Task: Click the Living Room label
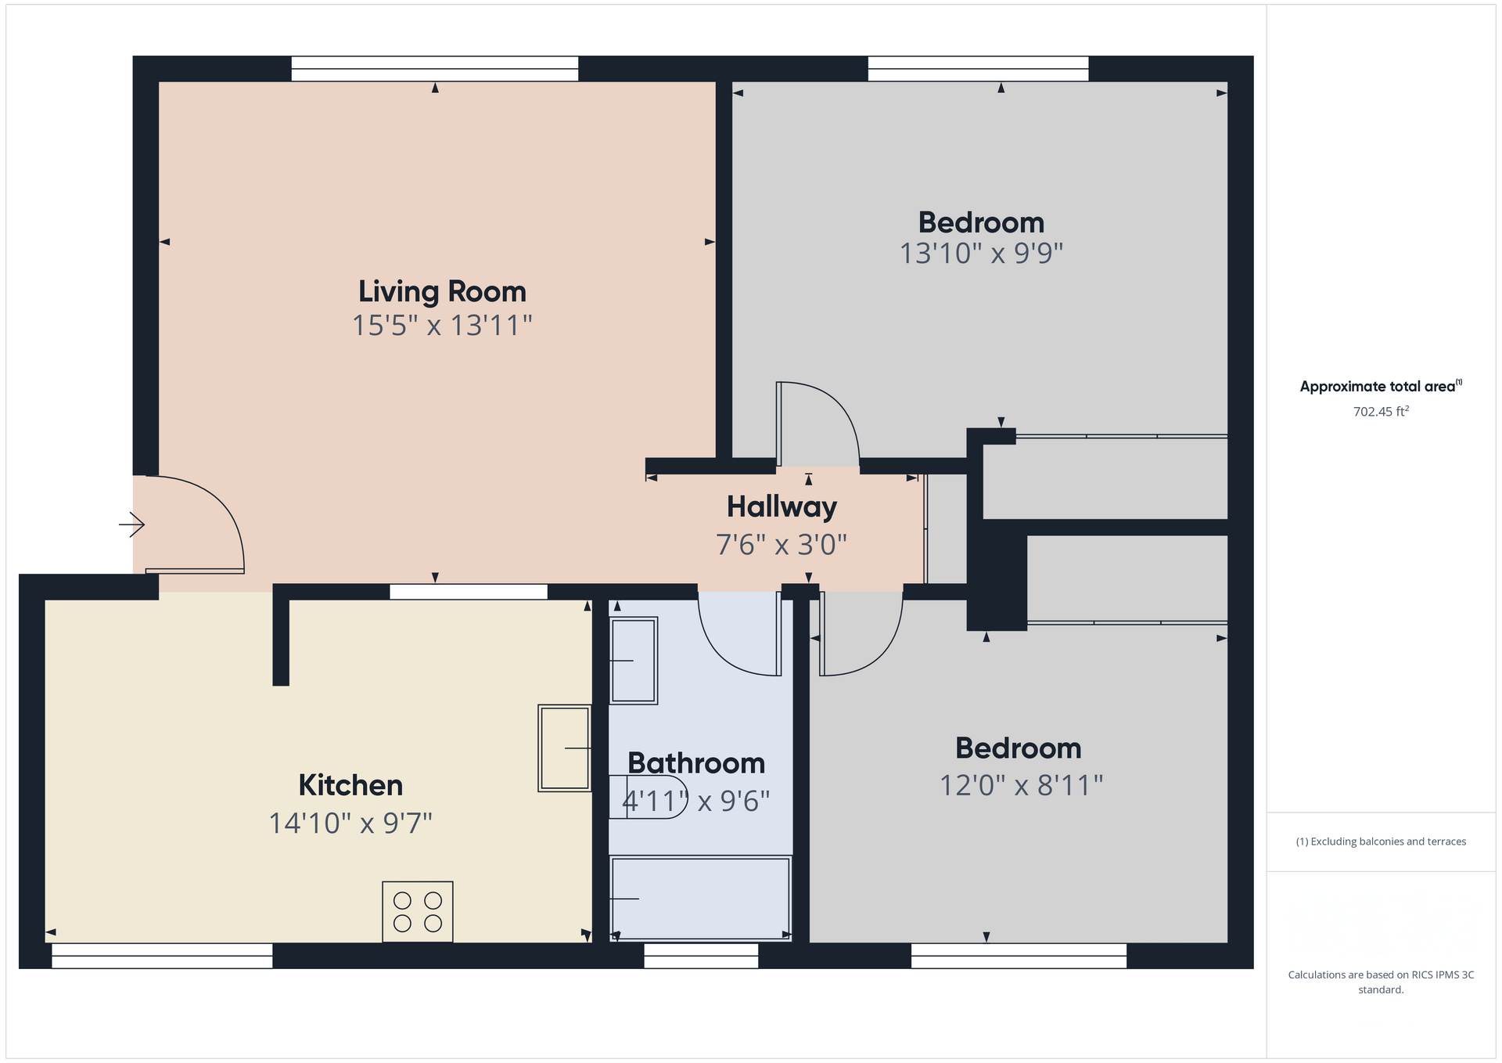click(442, 292)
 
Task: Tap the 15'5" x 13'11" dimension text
click(442, 325)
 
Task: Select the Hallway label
click(782, 507)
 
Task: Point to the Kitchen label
click(350, 785)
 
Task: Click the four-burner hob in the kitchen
click(418, 912)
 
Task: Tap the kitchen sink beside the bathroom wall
click(564, 748)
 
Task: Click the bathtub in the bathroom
click(700, 898)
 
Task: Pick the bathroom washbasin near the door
click(633, 661)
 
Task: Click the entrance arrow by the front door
click(131, 524)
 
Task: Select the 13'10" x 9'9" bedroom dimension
click(981, 254)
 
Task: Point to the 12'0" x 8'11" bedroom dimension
click(1021, 785)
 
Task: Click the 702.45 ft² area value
click(1381, 412)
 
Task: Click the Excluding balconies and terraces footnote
click(1381, 841)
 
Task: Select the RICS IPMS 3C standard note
click(1381, 982)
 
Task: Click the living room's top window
click(435, 69)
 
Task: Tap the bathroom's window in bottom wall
click(701, 956)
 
